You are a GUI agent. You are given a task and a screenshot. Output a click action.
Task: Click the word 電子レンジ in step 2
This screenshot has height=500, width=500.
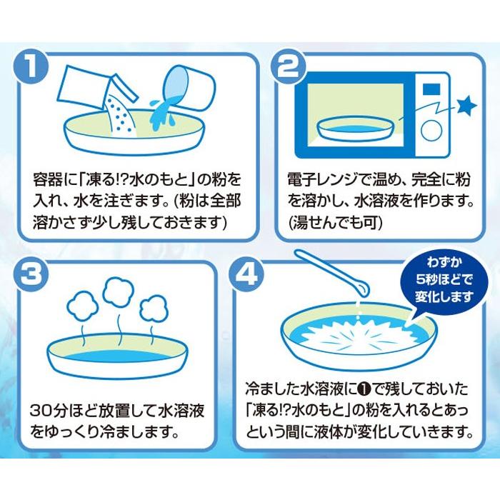click(315, 176)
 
